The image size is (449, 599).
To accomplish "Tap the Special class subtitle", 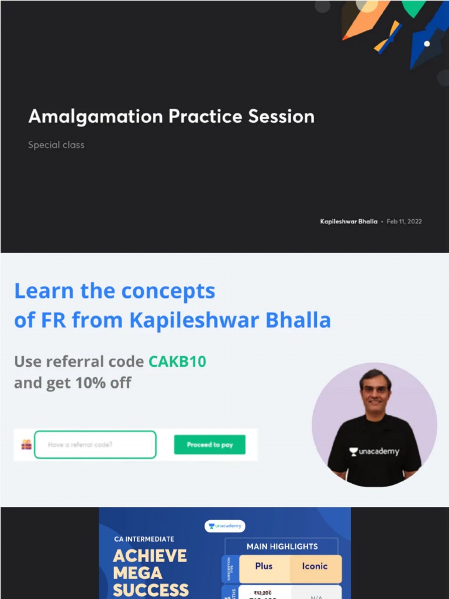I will tap(56, 144).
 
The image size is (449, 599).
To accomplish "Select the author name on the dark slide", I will tap(348, 222).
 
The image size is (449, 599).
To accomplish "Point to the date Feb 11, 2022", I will tap(404, 222).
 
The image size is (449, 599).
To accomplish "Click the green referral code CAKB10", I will tap(177, 362).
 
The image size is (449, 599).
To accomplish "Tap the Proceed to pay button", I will tap(209, 445).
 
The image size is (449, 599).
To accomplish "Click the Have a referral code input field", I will tap(95, 445).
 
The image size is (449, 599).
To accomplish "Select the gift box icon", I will tap(26, 445).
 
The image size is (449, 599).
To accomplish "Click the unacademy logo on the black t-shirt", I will tap(374, 452).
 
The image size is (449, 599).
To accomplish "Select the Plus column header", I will tap(264, 566).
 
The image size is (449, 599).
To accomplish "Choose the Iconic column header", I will tap(315, 566).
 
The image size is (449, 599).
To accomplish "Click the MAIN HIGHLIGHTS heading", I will tap(282, 546).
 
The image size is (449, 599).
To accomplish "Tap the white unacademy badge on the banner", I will tap(224, 526).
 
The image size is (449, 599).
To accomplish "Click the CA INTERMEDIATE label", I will tap(144, 539).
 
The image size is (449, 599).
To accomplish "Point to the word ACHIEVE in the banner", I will tap(150, 556).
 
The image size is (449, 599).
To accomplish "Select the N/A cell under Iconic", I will tap(316, 595).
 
